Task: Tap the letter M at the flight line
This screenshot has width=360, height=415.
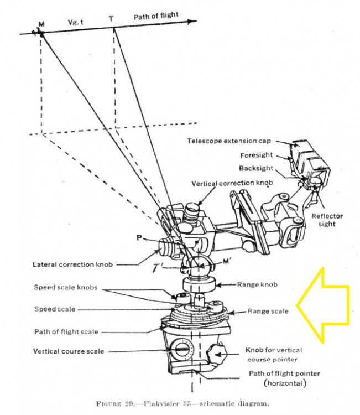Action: tap(41, 25)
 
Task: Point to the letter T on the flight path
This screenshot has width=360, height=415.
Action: tap(112, 19)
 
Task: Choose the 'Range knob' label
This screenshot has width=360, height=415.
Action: tap(255, 284)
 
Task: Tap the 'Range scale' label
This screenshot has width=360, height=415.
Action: tap(267, 311)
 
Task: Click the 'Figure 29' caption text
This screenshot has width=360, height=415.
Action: tap(179, 404)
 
